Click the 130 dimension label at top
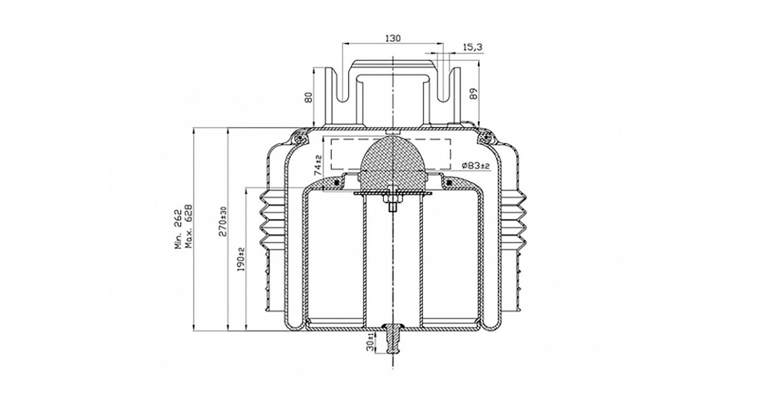393,38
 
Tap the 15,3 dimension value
473,47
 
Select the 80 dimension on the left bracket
309,97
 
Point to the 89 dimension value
473,94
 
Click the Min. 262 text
178,229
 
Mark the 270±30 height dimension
222,221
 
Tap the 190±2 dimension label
241,259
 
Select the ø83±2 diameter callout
475,165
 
